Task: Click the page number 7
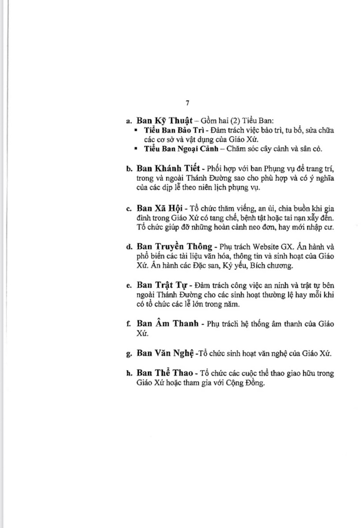pyautogui.click(x=187, y=103)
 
